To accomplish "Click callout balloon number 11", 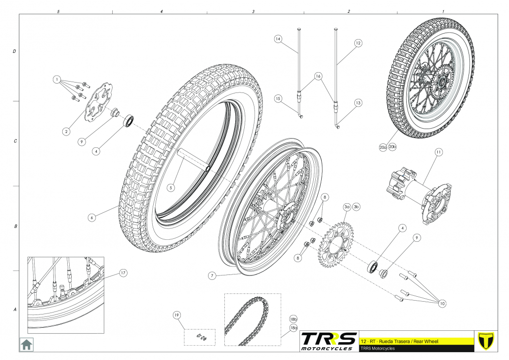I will tap(438, 153).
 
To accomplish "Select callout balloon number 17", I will tap(123, 273).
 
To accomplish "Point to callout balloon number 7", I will tap(212, 276).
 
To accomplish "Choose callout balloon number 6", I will tap(92, 216).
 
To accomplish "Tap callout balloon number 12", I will tap(358, 43).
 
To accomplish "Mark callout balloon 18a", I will tap(293, 328).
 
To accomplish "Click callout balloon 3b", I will tap(356, 206).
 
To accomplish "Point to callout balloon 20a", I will tap(383, 147).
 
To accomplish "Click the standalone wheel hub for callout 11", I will tap(418, 192).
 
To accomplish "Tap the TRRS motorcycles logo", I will tap(329, 341).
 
